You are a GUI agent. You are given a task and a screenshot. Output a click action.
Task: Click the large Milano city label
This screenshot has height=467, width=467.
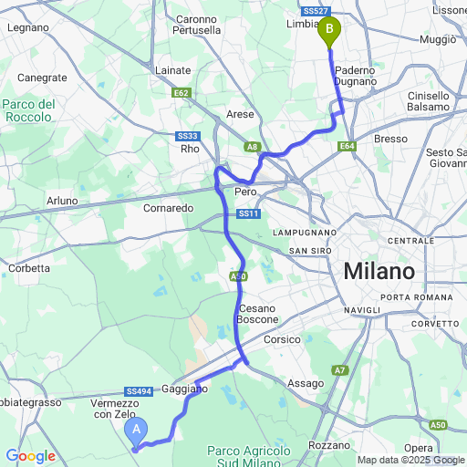379,271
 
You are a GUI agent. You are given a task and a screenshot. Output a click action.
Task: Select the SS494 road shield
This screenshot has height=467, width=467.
138,391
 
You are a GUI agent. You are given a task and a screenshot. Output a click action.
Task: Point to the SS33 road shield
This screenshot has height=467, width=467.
188,135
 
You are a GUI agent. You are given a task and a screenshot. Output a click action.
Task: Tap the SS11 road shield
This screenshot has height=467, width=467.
248,213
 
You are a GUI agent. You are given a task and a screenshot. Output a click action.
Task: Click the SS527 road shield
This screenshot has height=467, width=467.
315,11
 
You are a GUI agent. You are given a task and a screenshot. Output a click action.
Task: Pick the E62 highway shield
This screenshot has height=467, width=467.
181,92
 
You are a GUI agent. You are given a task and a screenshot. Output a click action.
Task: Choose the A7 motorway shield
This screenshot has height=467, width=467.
339,369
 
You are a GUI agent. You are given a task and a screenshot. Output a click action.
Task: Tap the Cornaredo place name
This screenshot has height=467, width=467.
169,208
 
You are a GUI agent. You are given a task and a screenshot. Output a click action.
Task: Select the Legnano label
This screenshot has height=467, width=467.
27,27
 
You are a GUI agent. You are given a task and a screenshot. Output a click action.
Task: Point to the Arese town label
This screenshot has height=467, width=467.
239,115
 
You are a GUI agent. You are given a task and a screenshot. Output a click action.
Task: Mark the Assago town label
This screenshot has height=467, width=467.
305,384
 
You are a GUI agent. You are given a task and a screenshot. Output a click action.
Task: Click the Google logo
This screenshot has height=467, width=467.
30,455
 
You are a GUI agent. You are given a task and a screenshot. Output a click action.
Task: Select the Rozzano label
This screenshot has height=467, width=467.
329,445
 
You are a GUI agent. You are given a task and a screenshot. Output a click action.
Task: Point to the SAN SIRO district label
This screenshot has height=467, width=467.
310,251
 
